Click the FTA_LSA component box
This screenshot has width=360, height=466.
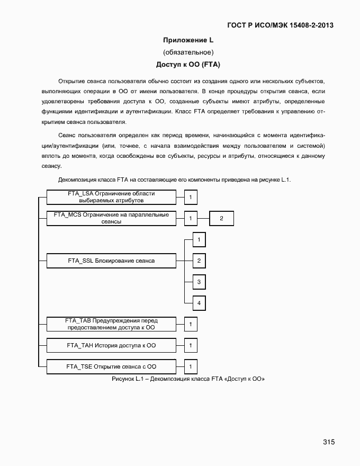[x=111, y=198]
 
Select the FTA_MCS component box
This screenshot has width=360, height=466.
[x=111, y=218]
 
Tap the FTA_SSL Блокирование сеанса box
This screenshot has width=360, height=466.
[x=111, y=261]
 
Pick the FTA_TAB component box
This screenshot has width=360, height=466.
[x=111, y=324]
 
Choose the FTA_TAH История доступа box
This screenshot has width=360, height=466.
[x=111, y=345]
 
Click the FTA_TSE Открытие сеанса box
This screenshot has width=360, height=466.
[x=111, y=366]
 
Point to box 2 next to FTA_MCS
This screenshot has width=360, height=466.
[x=221, y=218]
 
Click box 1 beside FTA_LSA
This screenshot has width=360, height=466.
[x=191, y=198]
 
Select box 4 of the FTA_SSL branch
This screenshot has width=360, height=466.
[x=199, y=303]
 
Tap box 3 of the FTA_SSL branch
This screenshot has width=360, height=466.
[x=199, y=282]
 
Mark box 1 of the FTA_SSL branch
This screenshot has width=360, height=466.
[x=199, y=240]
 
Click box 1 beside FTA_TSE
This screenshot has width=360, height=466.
[x=191, y=366]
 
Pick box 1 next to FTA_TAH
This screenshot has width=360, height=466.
[x=191, y=345]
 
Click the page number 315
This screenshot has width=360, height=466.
[x=328, y=442]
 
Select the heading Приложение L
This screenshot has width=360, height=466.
[x=188, y=40]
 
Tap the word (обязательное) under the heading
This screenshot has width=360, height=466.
[x=188, y=52]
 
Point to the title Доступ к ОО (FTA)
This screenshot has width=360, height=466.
[x=188, y=65]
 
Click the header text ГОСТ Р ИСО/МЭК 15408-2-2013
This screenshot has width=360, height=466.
[x=280, y=25]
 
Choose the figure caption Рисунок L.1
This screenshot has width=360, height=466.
[x=188, y=379]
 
